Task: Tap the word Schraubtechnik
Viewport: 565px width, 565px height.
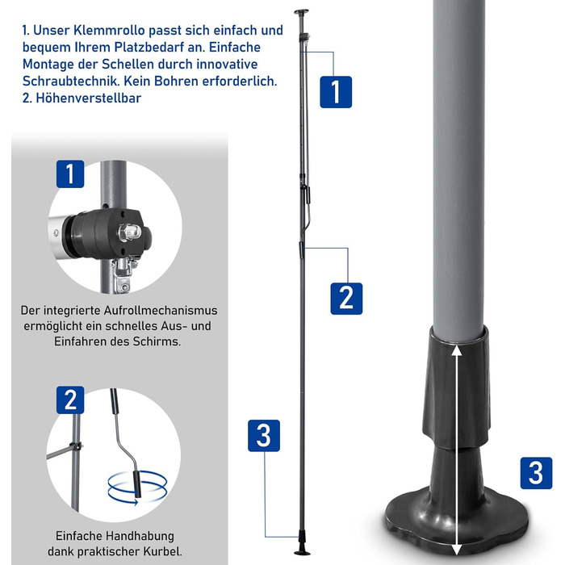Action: click(x=71, y=82)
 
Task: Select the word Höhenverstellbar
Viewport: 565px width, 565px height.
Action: click(x=88, y=98)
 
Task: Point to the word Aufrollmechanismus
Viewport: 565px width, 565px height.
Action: click(x=161, y=310)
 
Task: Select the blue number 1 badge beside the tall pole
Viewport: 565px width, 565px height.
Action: click(x=336, y=92)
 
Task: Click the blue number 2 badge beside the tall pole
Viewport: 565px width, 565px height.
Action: click(x=346, y=299)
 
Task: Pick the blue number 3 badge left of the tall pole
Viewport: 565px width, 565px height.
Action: click(x=264, y=436)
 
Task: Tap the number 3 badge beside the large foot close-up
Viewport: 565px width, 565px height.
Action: click(x=536, y=473)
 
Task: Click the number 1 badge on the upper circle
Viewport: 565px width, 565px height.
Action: click(x=70, y=174)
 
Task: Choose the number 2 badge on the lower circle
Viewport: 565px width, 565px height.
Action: click(x=70, y=400)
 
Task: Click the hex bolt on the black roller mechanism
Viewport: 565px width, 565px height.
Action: click(x=128, y=232)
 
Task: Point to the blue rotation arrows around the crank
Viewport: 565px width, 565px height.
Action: click(x=137, y=487)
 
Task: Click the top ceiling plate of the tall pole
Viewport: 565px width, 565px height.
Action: click(x=301, y=11)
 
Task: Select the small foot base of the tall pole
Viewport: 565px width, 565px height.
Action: click(x=302, y=552)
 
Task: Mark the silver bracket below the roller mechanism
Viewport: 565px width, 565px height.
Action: click(x=124, y=274)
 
